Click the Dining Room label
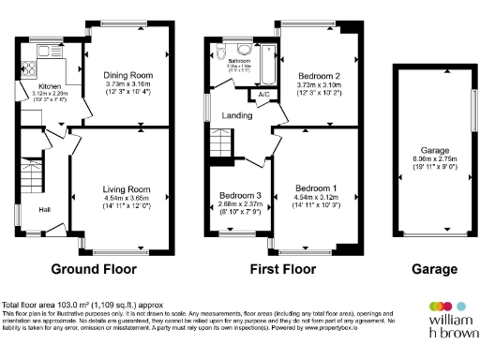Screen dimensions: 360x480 click(129, 73)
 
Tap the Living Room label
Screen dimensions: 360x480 click(127, 189)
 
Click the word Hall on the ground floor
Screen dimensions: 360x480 click(44, 209)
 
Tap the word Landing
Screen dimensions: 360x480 click(236, 116)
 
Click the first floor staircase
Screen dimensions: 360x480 click(220, 144)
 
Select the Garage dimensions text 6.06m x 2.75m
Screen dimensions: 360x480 click(433, 158)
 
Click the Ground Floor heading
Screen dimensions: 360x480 click(94, 269)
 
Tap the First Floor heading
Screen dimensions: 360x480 click(282, 269)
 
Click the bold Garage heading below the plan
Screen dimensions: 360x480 click(434, 269)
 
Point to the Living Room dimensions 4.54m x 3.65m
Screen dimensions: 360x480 click(127, 198)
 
